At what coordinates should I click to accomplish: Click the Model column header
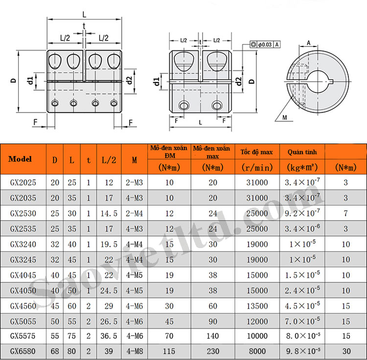pyautogui.click(x=20, y=159)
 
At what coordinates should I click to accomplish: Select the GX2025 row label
pyautogui.click(x=23, y=182)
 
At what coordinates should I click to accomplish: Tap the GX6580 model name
pyautogui.click(x=23, y=351)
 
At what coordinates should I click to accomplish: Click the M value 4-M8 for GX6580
pyautogui.click(x=135, y=351)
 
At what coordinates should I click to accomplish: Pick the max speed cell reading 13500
pyautogui.click(x=257, y=306)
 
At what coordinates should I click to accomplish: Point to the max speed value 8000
pyautogui.click(x=257, y=351)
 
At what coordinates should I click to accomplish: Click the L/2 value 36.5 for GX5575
pyautogui.click(x=109, y=336)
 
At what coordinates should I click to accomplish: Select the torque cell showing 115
pyautogui.click(x=169, y=351)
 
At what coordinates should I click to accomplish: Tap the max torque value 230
pyautogui.click(x=213, y=351)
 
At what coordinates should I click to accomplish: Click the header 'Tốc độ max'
pyautogui.click(x=257, y=152)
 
